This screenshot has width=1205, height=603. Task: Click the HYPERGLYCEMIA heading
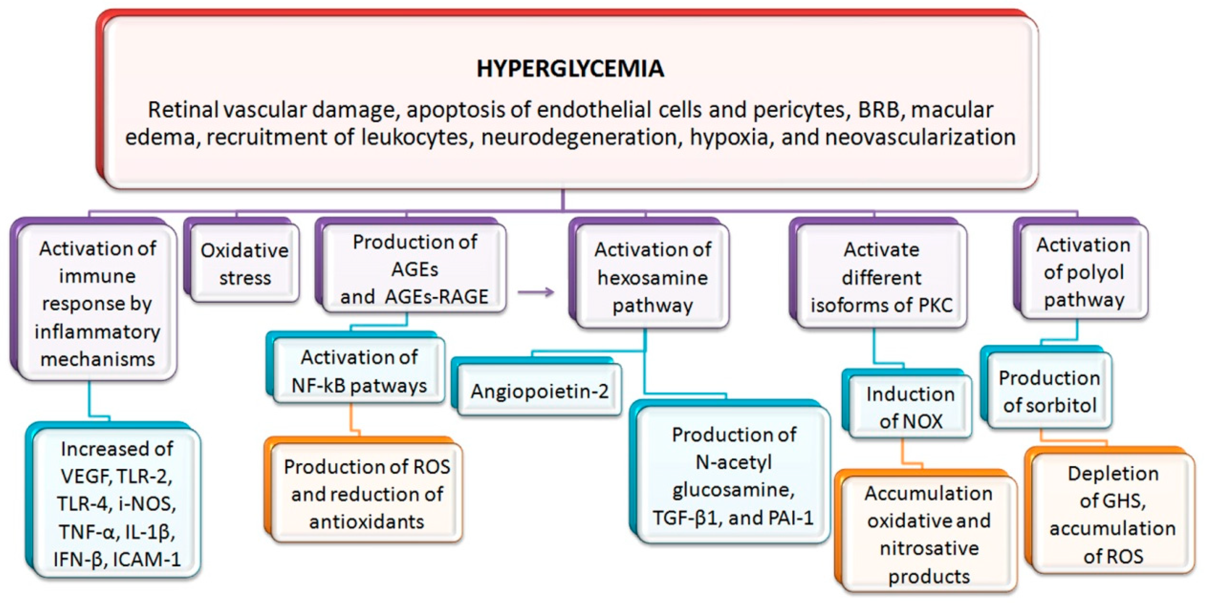coord(570,69)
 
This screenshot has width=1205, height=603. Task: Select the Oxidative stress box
coord(244,264)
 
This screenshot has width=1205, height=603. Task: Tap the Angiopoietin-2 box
coord(539,391)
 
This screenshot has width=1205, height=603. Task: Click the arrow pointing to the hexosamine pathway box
coord(536,293)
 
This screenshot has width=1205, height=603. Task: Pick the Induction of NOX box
coord(910,407)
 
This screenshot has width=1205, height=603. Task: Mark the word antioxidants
coord(366,522)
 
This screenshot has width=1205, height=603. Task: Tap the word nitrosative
coord(929,548)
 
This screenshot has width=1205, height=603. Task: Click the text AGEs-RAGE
coord(436,297)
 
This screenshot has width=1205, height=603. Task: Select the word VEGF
coord(86,476)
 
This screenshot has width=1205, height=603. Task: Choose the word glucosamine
coord(733,490)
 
